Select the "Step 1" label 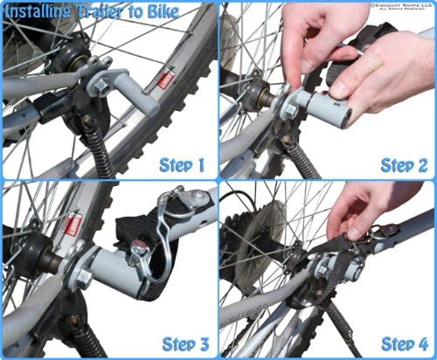pyautogui.click(x=182, y=163)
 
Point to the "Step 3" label pyautogui.click(x=182, y=343)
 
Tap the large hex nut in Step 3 pyautogui.click(x=81, y=278)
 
